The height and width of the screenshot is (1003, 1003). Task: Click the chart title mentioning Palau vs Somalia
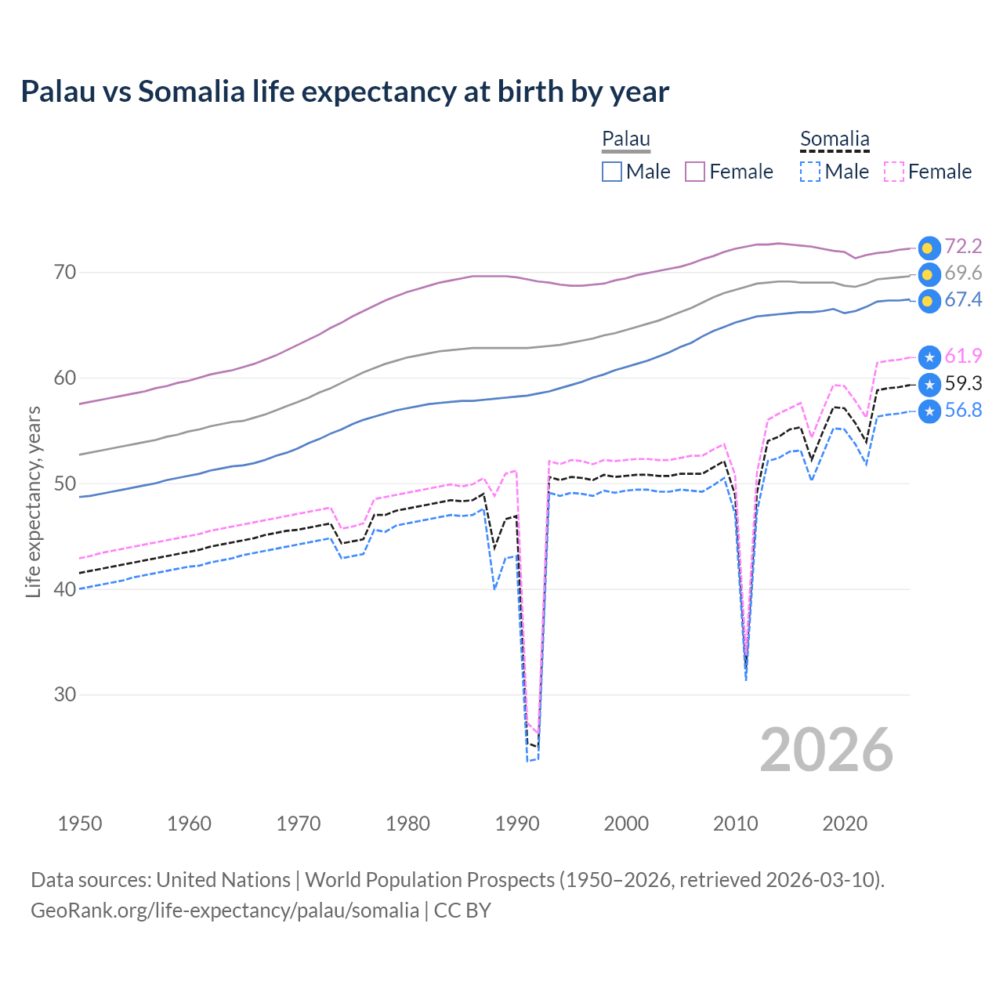345,92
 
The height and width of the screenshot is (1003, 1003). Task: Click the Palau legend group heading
626,139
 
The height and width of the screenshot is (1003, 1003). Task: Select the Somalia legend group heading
835,139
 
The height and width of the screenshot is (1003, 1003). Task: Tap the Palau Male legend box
612,172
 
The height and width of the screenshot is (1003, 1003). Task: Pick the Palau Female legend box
695,172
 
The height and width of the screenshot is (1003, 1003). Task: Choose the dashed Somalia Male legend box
810,172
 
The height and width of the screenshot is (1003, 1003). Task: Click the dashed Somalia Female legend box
894,172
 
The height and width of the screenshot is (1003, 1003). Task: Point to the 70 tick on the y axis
65,273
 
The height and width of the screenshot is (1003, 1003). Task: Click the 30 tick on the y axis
65,694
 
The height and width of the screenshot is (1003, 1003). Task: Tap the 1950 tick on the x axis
80,824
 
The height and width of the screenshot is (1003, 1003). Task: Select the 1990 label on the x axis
517,824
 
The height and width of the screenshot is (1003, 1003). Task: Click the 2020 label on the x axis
845,824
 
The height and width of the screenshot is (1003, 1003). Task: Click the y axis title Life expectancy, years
33,501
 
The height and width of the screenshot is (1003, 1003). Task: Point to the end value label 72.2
963,246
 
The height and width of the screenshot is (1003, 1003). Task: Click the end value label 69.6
963,273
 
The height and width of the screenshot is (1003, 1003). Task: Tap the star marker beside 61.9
929,357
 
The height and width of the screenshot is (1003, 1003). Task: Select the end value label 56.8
963,410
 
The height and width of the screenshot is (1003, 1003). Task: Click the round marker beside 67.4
929,301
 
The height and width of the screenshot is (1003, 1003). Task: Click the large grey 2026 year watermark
826,750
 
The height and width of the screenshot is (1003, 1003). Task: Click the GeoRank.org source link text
225,911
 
